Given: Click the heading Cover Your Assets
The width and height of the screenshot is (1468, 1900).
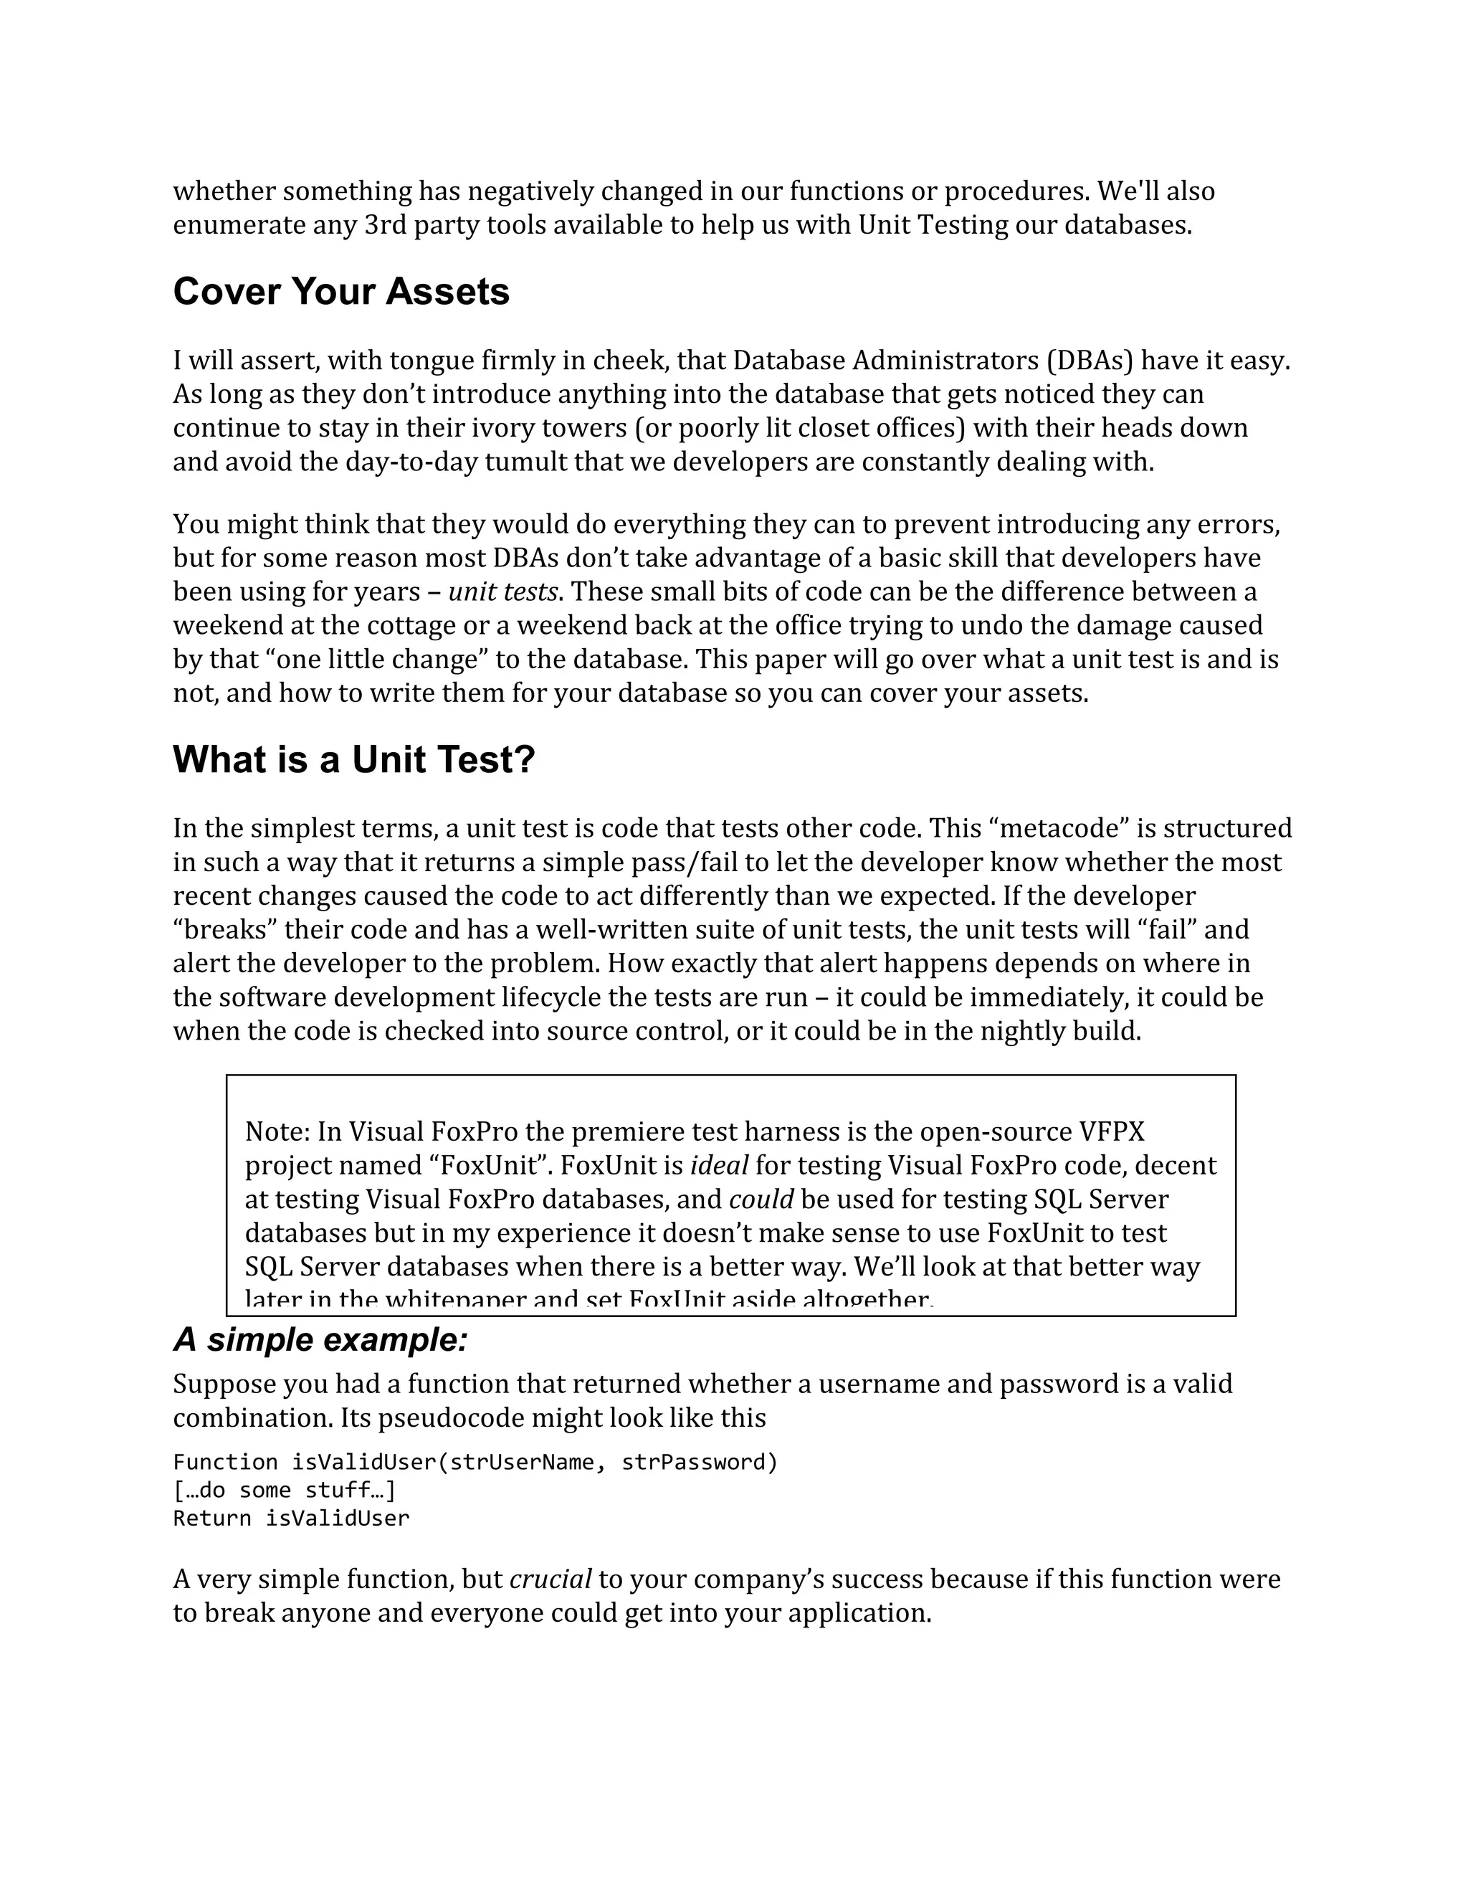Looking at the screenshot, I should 341,291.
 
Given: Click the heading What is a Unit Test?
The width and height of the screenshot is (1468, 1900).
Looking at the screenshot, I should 354,759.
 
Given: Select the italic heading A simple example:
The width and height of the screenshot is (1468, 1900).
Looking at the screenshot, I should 320,1340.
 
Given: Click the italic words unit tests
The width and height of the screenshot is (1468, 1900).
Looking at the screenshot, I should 502,592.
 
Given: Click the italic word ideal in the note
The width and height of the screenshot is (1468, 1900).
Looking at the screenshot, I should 718,1166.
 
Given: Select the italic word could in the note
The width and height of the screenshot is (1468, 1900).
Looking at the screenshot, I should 761,1200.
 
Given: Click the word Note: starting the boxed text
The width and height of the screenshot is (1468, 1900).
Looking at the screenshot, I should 277,1132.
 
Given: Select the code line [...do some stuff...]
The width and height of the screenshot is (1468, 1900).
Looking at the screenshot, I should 285,1491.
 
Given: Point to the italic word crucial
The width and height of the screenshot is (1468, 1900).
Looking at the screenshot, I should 550,1579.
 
